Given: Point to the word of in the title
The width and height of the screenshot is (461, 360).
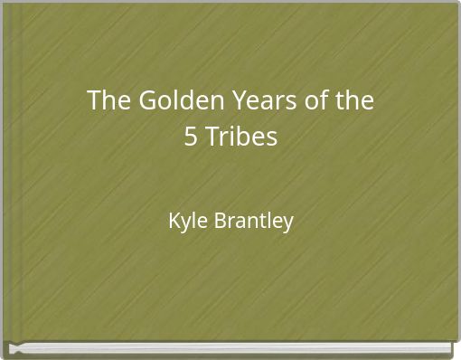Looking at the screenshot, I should [318, 100].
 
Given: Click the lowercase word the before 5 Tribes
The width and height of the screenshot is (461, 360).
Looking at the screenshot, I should [354, 100].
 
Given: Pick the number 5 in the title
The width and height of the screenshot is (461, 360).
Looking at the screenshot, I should [191, 138].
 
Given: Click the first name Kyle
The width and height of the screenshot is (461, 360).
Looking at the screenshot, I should [187, 221].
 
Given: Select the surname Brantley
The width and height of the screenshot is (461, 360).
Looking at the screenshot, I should [254, 220].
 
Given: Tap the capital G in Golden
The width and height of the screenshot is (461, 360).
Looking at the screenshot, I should [146, 100].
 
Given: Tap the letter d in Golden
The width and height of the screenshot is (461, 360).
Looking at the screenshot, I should [180, 100].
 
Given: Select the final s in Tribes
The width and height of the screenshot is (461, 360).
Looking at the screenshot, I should [273, 139].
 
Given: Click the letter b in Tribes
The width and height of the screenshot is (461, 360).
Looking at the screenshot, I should [241, 138].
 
